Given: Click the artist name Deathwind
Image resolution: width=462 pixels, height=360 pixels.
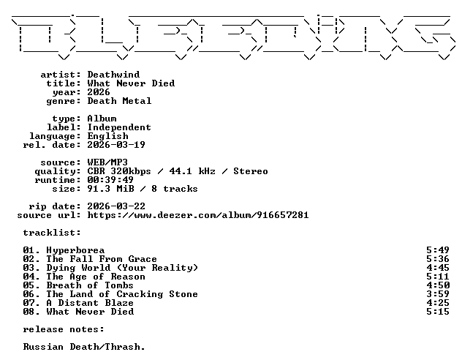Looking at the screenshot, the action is click(x=113, y=75).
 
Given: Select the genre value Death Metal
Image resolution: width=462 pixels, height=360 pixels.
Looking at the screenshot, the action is click(x=119, y=101).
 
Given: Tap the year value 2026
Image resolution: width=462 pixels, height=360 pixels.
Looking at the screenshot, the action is click(x=99, y=92).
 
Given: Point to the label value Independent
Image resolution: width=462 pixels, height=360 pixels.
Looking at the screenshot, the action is click(x=119, y=127).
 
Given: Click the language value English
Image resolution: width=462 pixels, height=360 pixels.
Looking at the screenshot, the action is click(x=108, y=136).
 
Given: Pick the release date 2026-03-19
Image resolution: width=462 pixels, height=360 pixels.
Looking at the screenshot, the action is click(x=116, y=145).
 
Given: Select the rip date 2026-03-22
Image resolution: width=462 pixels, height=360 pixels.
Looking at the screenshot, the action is click(x=116, y=206).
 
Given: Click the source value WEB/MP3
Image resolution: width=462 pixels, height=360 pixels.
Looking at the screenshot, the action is click(x=107, y=162).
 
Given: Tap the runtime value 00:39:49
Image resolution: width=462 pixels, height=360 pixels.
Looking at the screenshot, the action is click(x=110, y=180).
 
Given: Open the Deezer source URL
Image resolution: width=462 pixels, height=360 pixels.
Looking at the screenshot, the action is click(x=198, y=215).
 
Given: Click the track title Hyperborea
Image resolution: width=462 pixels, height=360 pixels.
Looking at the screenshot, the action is click(x=75, y=251).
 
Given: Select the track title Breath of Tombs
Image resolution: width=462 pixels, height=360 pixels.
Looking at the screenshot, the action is click(x=90, y=285).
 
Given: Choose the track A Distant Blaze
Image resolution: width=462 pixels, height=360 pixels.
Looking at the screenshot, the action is click(x=90, y=303).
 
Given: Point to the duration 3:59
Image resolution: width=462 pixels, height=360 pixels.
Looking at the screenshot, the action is click(x=438, y=294).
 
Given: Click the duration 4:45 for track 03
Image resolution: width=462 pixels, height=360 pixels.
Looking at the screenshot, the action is click(x=438, y=268).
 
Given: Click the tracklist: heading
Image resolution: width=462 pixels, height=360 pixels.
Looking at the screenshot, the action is click(x=52, y=233).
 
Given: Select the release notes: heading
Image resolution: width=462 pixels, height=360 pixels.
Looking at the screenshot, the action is click(x=64, y=329).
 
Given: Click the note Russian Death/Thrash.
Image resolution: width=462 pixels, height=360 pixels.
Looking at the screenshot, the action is click(x=84, y=347).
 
